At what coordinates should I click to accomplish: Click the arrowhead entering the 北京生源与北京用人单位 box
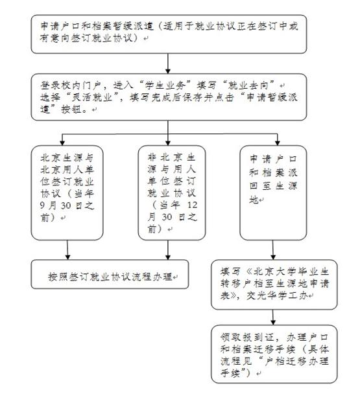coord(63,141)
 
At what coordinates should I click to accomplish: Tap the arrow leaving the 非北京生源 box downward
coord(167,249)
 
